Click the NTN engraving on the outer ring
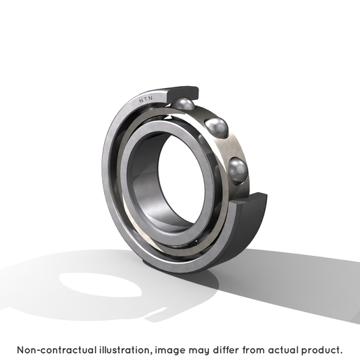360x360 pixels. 146,99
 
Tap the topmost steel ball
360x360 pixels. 183,103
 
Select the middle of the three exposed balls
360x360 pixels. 217,128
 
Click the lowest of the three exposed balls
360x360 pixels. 238,171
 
